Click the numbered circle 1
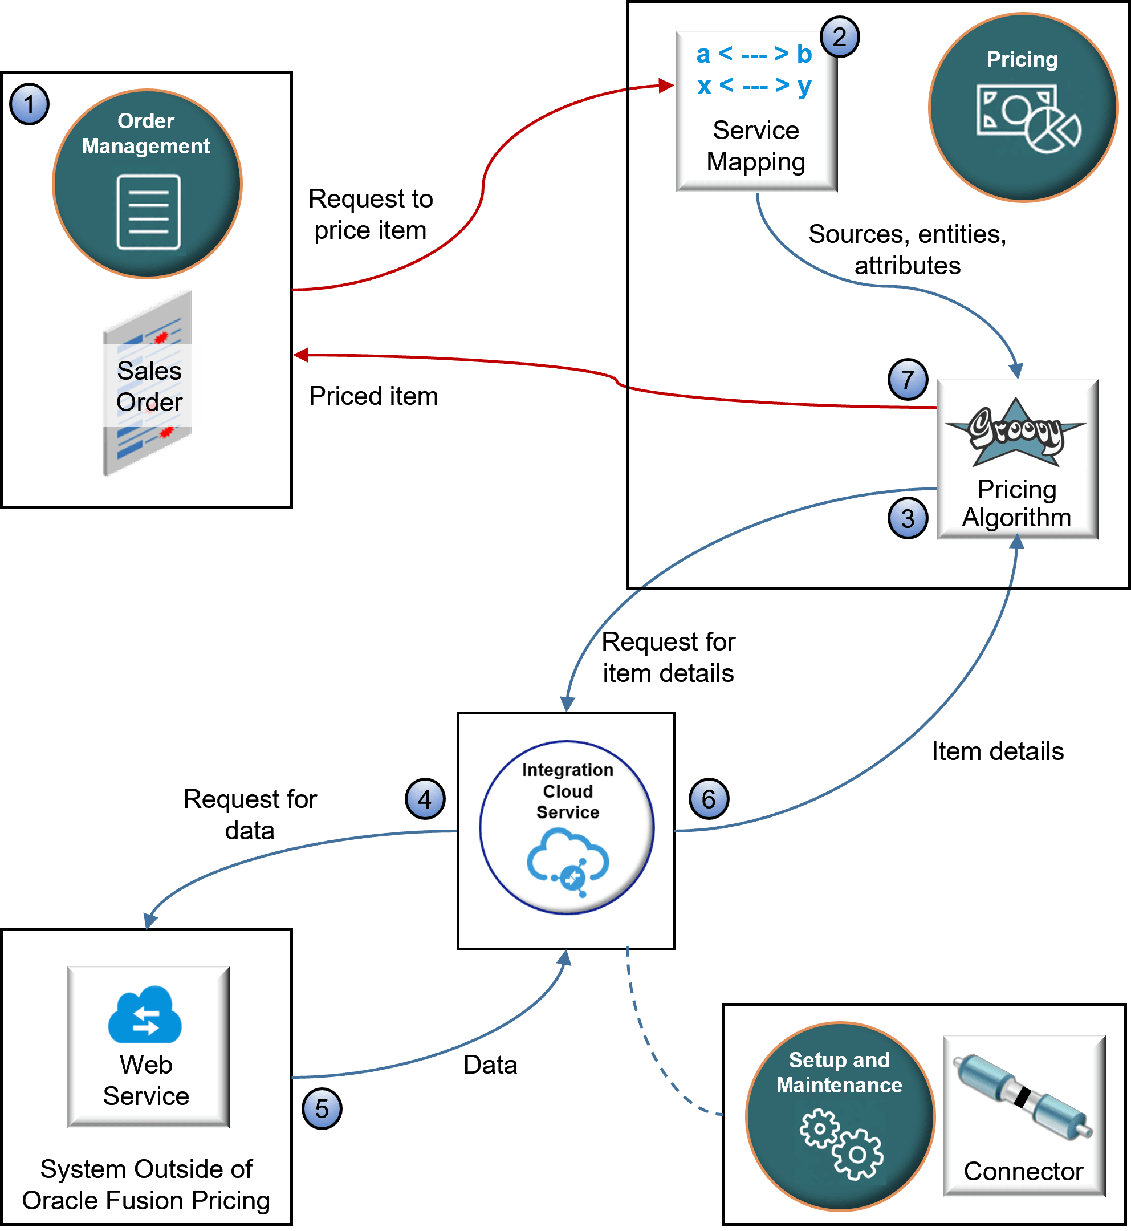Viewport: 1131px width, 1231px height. pyautogui.click(x=29, y=104)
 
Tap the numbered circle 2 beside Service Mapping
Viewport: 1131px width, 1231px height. pyautogui.click(x=839, y=37)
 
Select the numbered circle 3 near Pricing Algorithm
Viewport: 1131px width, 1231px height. pyautogui.click(x=907, y=518)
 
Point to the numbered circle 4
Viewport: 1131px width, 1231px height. pyautogui.click(x=425, y=799)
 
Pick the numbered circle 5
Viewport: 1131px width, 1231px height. pyautogui.click(x=322, y=1108)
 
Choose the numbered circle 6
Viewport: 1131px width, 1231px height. pyautogui.click(x=709, y=799)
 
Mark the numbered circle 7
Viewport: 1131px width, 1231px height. pyautogui.click(x=907, y=380)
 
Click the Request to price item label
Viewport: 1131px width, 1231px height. pyautogui.click(x=371, y=214)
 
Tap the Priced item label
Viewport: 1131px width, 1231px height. pyautogui.click(x=373, y=396)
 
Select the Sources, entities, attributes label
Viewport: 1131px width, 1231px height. pyautogui.click(x=907, y=249)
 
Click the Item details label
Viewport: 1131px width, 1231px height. pyautogui.click(x=998, y=750)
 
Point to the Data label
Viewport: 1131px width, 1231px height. pyautogui.click(x=490, y=1065)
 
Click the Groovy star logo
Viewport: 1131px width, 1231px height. pyautogui.click(x=1016, y=432)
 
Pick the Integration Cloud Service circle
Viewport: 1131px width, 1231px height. pyautogui.click(x=567, y=828)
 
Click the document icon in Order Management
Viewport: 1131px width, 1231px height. pyautogui.click(x=149, y=212)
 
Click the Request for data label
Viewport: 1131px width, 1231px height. pyautogui.click(x=250, y=814)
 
